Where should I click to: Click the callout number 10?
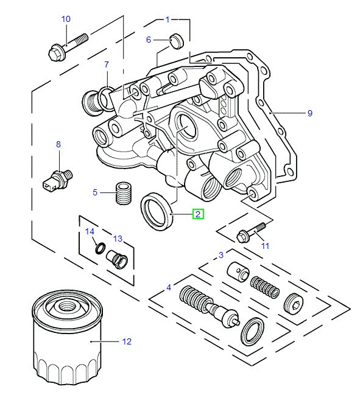(66, 19)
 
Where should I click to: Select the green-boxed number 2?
(198, 214)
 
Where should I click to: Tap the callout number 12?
(127, 341)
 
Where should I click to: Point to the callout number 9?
(310, 113)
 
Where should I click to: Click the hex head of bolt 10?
(55, 53)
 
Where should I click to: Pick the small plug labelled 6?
(177, 41)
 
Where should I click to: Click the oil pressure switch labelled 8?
(57, 180)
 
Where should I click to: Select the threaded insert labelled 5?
(124, 193)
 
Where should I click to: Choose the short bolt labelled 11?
(251, 232)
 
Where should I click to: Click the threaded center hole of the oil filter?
(66, 307)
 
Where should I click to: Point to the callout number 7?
(107, 65)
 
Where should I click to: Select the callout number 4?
(169, 287)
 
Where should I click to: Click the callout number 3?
(221, 255)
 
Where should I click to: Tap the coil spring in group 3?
(265, 287)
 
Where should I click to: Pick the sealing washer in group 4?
(253, 332)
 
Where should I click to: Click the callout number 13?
(118, 239)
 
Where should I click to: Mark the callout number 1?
(168, 19)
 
